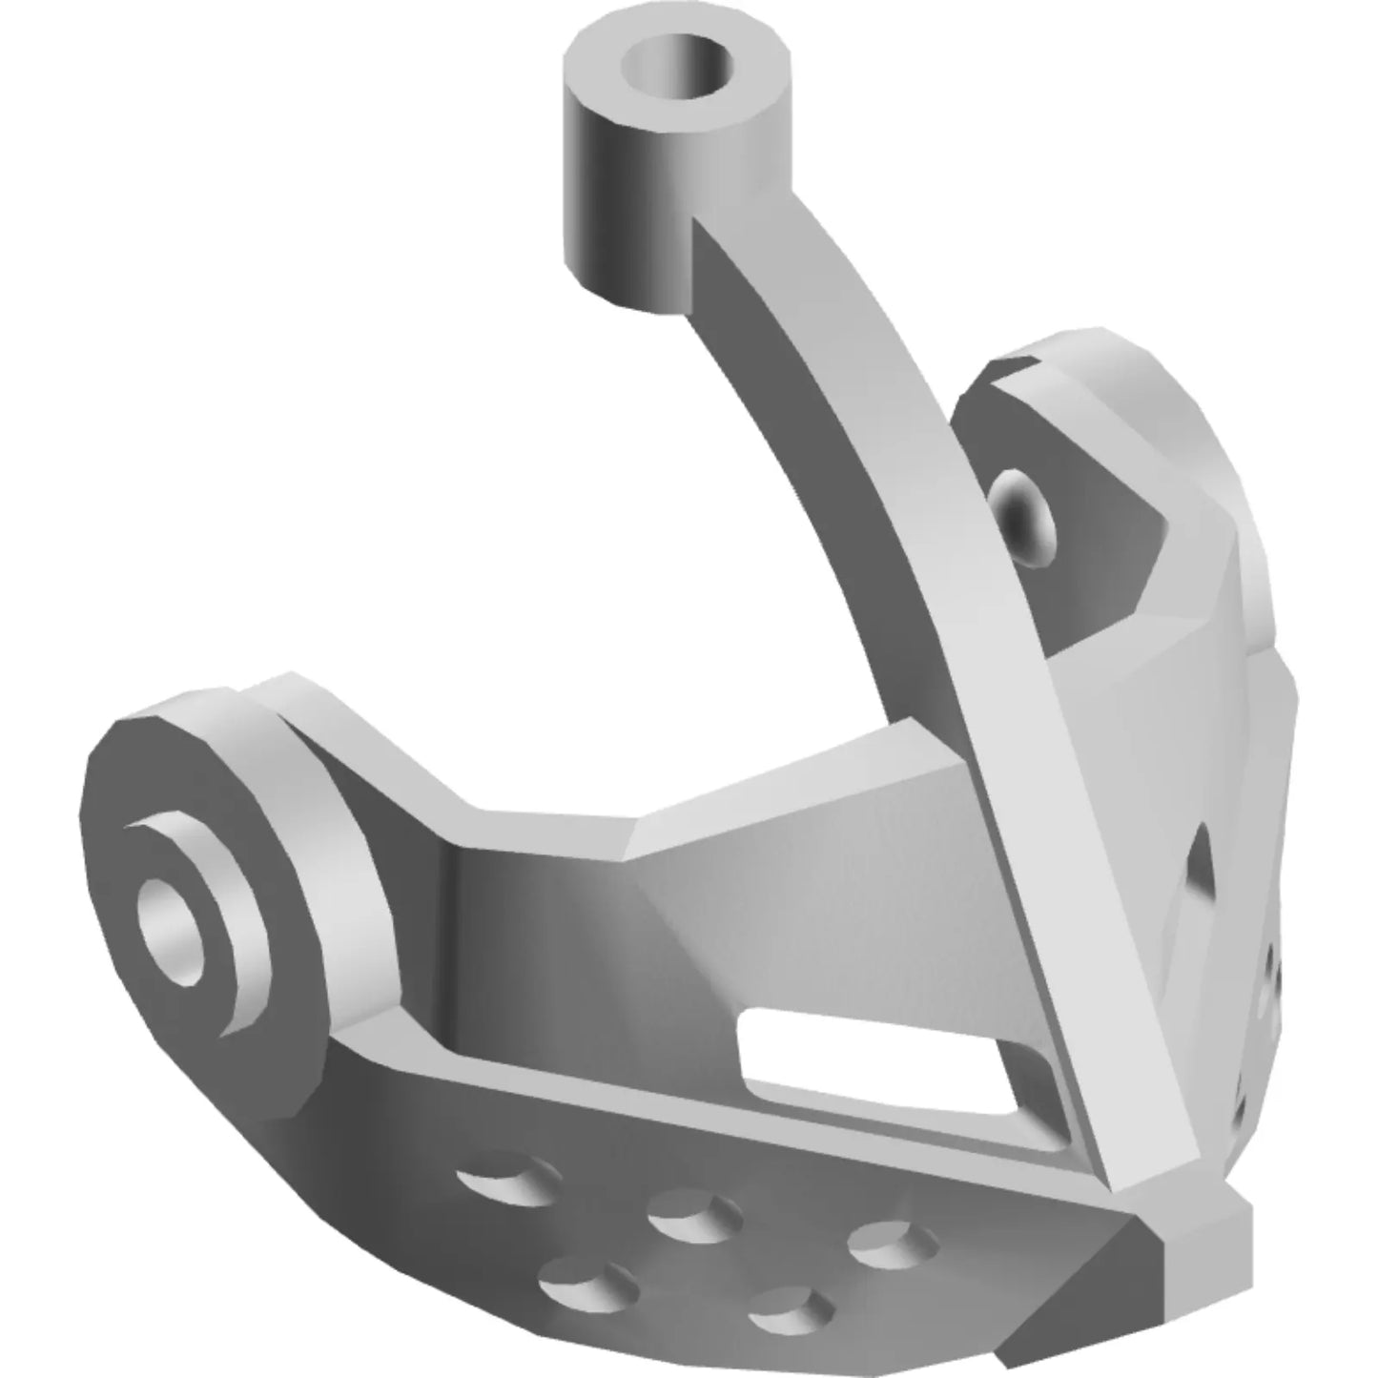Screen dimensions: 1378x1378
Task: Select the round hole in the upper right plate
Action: (x=1022, y=517)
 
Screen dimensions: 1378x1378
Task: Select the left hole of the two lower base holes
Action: (x=587, y=1287)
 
